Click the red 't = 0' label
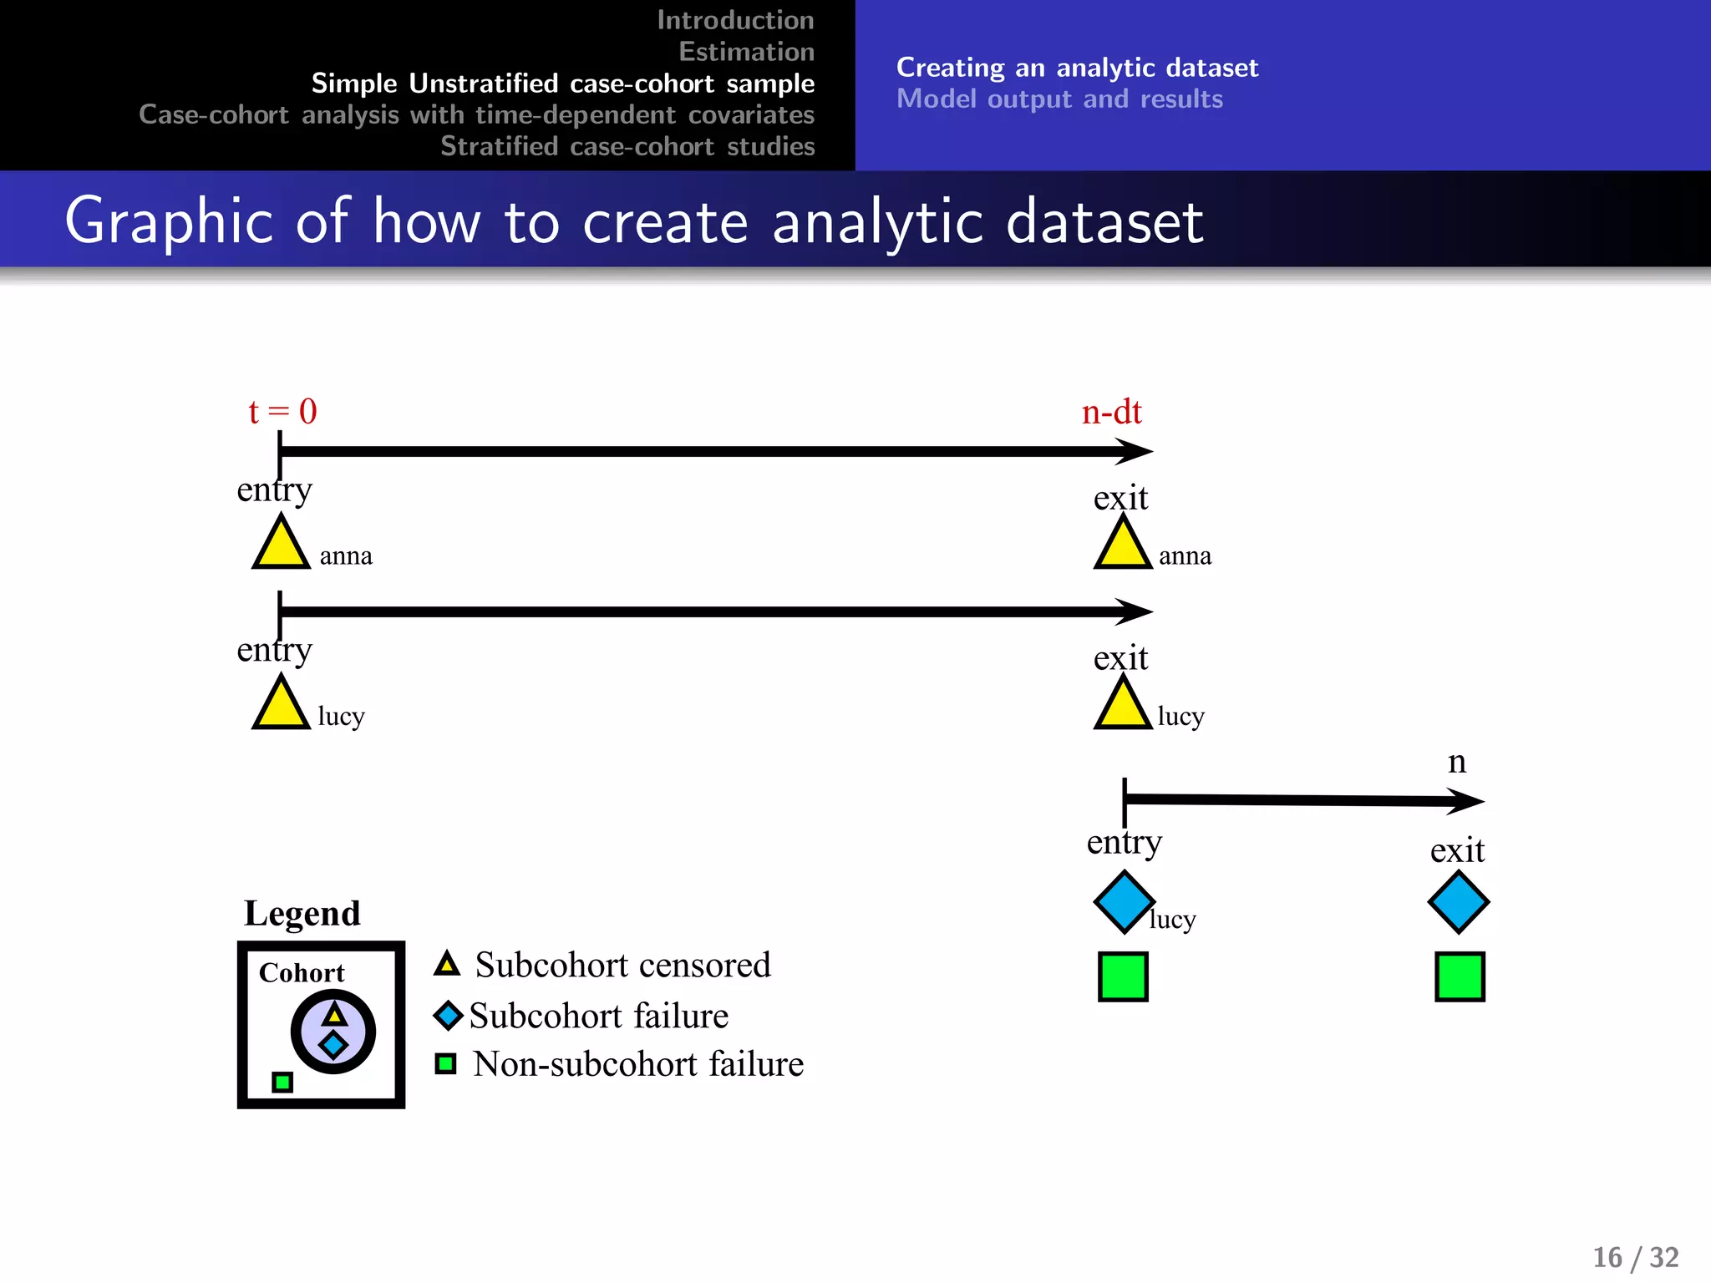pyautogui.click(x=282, y=412)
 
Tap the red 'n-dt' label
pyautogui.click(x=1111, y=413)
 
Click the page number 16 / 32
pyautogui.click(x=1635, y=1257)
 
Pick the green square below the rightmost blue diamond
pyautogui.click(x=1460, y=976)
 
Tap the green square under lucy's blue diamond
pyautogui.click(x=1123, y=976)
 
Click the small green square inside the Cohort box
pyautogui.click(x=282, y=1083)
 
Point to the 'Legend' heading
pyautogui.click(x=302, y=914)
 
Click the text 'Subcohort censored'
pyautogui.click(x=622, y=966)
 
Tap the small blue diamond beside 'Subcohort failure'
pyautogui.click(x=448, y=1016)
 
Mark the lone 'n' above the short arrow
pyautogui.click(x=1456, y=762)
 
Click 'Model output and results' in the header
pyautogui.click(x=1059, y=99)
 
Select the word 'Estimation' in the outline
pyautogui.click(x=746, y=52)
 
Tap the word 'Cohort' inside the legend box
pyautogui.click(x=301, y=973)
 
